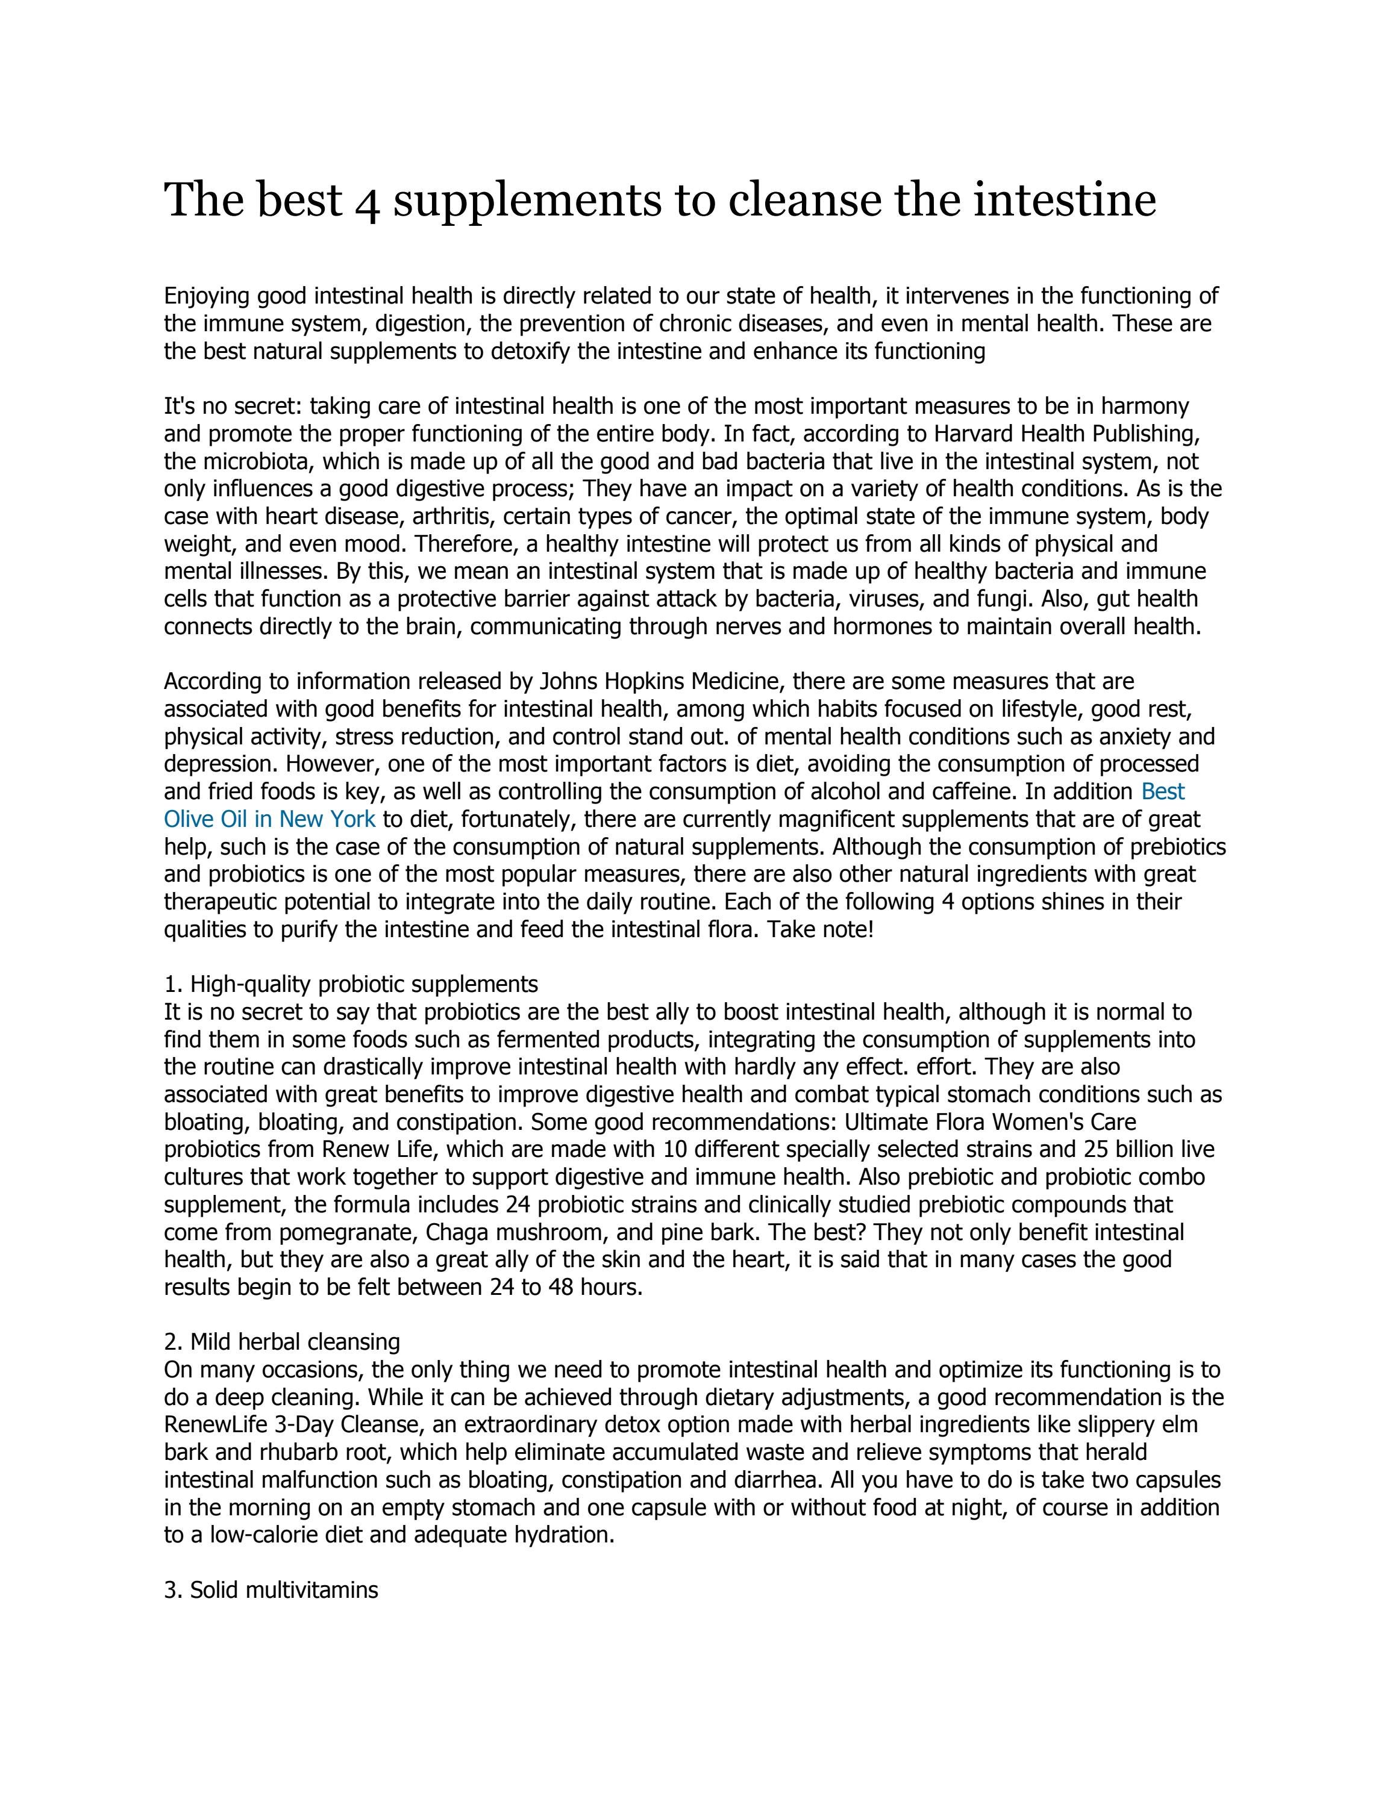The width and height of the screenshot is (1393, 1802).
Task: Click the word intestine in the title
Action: pyautogui.click(x=1065, y=201)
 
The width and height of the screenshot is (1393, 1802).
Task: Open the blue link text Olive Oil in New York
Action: pyautogui.click(x=270, y=819)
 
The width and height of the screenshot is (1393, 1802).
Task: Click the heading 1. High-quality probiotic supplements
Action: pyautogui.click(x=351, y=984)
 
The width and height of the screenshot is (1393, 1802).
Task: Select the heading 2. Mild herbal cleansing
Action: pyautogui.click(x=281, y=1342)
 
